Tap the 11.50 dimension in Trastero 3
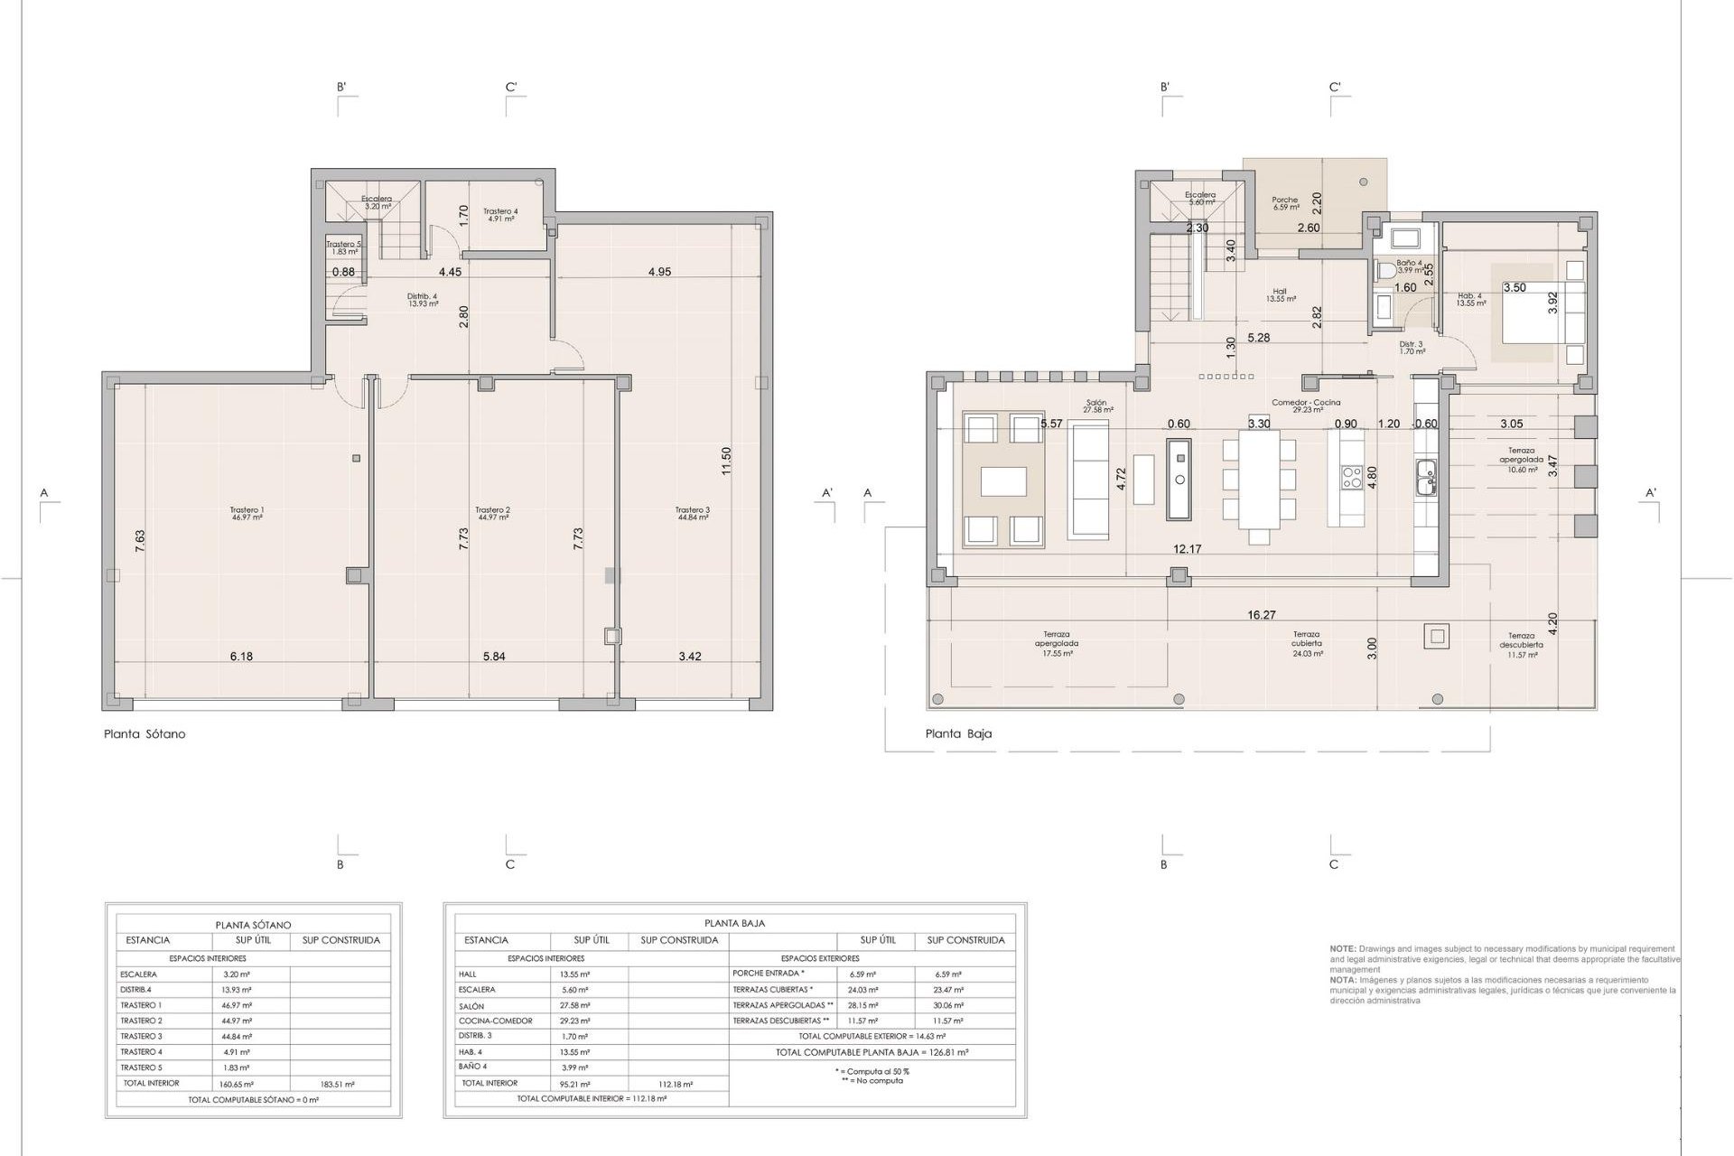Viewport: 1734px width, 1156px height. pyautogui.click(x=725, y=461)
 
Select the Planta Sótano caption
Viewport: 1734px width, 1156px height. pyautogui.click(x=144, y=734)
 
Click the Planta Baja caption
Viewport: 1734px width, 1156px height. pyautogui.click(x=958, y=734)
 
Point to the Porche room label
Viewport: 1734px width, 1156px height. pyautogui.click(x=1284, y=203)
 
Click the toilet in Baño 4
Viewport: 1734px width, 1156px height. pyautogui.click(x=1385, y=269)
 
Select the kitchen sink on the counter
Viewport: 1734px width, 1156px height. pyautogui.click(x=1426, y=477)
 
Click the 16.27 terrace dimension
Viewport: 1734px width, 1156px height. pyautogui.click(x=1261, y=615)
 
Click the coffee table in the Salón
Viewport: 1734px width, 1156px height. pyautogui.click(x=1003, y=480)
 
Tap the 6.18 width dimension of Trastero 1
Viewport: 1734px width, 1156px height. pyautogui.click(x=241, y=657)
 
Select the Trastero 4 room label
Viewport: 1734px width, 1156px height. pyautogui.click(x=499, y=214)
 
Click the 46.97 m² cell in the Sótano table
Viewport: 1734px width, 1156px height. pyautogui.click(x=237, y=1005)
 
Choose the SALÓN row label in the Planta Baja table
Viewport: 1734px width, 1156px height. pyautogui.click(x=471, y=1006)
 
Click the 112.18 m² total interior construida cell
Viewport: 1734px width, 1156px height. pyautogui.click(x=675, y=1084)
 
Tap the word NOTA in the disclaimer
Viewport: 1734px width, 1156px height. pyautogui.click(x=1341, y=980)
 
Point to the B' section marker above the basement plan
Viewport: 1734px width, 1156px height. pyautogui.click(x=341, y=88)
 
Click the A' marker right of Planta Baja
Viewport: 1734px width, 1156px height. pyautogui.click(x=1650, y=493)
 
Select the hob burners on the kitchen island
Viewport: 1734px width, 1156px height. pyautogui.click(x=1352, y=477)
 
